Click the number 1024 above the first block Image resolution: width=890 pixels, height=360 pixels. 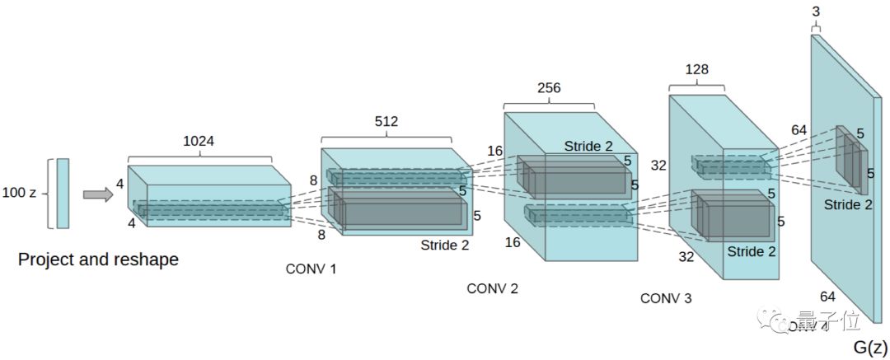[x=199, y=141]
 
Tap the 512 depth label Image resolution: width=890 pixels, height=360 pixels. [x=386, y=122]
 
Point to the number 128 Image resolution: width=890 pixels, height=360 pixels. [x=696, y=69]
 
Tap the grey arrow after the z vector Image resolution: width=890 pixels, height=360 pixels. [x=98, y=194]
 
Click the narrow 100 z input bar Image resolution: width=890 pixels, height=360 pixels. [x=63, y=194]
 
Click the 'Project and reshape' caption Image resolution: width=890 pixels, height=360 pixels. [x=98, y=260]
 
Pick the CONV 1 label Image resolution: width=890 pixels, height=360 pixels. [x=311, y=269]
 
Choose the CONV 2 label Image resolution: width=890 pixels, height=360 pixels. [x=492, y=288]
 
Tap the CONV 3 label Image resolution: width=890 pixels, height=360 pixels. [x=666, y=298]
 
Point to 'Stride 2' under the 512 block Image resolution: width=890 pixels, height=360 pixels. [x=445, y=244]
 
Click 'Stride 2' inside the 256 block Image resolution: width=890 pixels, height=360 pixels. [x=588, y=146]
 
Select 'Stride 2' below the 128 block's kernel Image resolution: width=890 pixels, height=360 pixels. [x=752, y=250]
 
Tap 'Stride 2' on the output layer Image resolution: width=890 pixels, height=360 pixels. [x=848, y=205]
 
